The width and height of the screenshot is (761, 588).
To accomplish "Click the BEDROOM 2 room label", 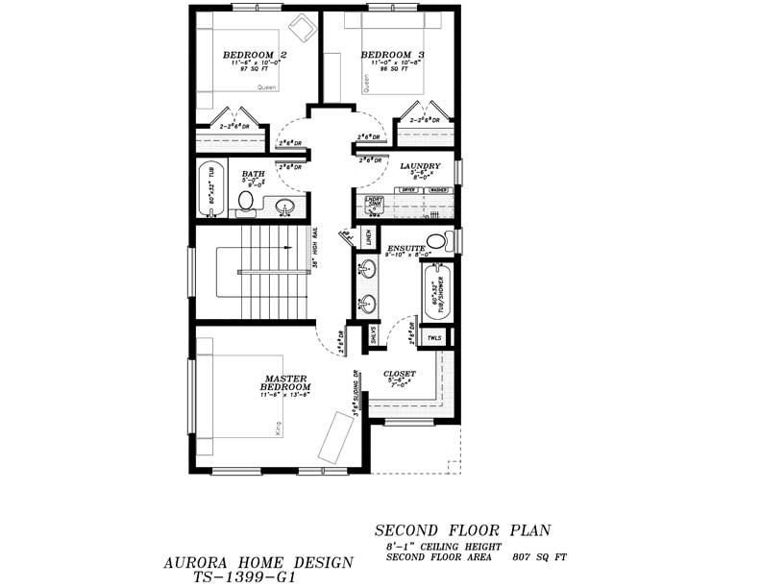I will pos(255,55).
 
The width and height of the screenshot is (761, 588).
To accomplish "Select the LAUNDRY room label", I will pos(420,166).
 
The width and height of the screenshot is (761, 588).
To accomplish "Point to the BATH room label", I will pos(253,174).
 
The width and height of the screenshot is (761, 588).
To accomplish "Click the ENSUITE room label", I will pos(405,248).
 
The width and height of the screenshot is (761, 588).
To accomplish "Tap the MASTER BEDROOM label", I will pos(285,382).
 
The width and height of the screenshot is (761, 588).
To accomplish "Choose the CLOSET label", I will pos(400,373).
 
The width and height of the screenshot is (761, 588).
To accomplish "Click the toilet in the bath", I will pos(246,201).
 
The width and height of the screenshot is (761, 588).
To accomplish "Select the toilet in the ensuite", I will pos(437,240).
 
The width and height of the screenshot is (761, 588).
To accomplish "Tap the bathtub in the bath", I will pos(211,188).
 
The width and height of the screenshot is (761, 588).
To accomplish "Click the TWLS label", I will pos(435,338).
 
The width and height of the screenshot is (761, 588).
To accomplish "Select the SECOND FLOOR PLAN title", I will pos(463,530).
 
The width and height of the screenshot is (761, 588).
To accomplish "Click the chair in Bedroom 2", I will pos(304,27).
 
